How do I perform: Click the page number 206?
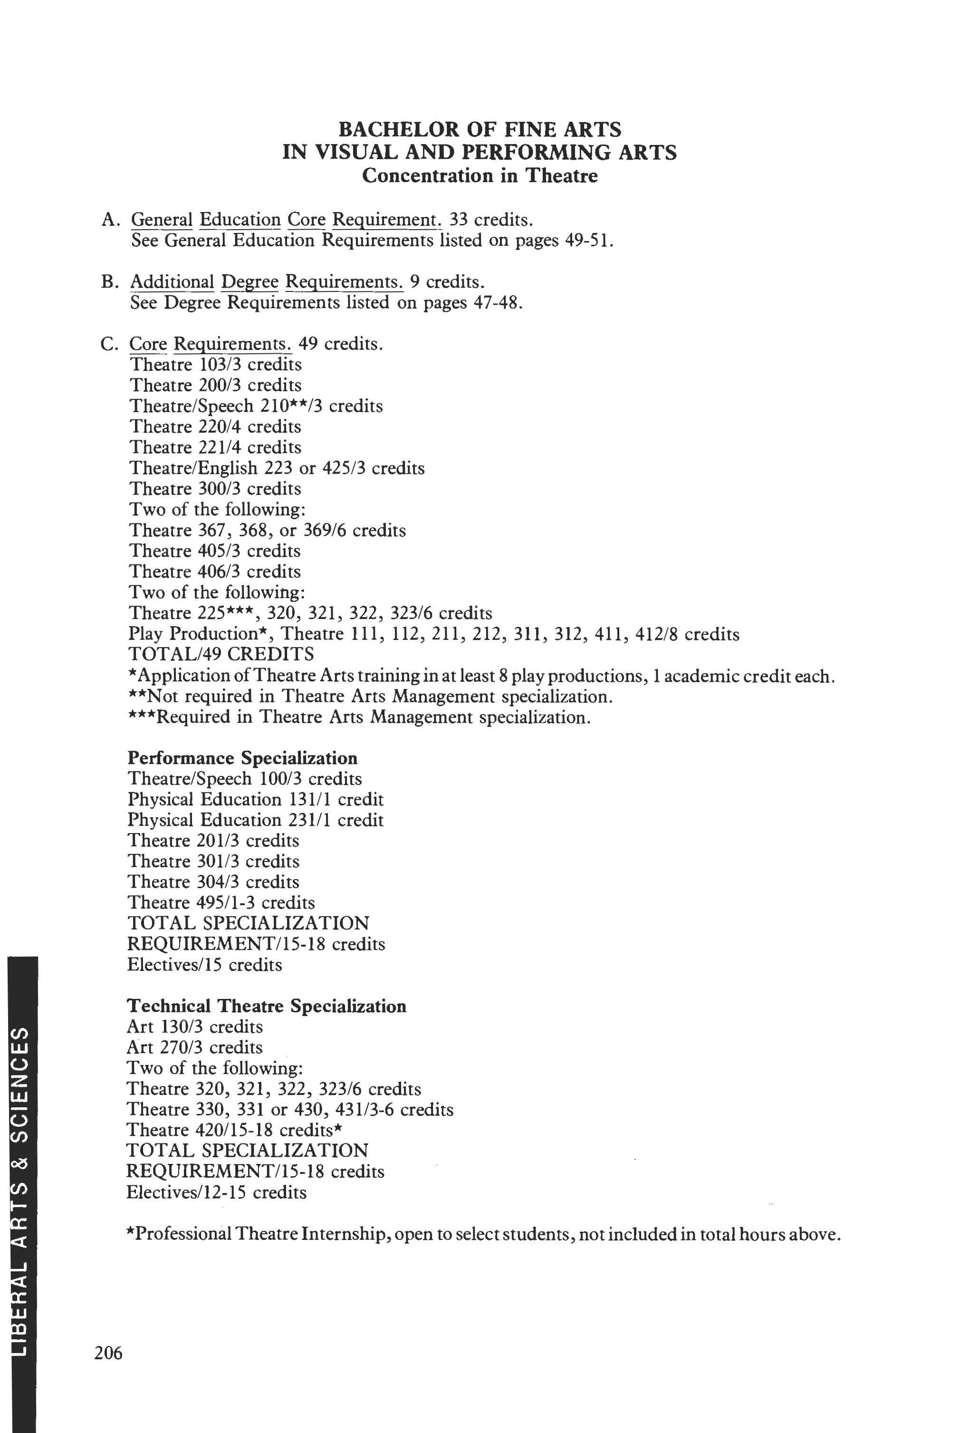point(109,1352)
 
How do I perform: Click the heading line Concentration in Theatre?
point(480,176)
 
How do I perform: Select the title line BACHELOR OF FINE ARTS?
point(480,129)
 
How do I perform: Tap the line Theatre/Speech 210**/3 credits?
point(256,406)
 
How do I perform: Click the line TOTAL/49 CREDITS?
point(221,654)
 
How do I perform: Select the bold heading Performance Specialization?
point(242,758)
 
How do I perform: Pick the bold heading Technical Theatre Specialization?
point(266,1006)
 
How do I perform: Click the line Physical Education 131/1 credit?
point(255,800)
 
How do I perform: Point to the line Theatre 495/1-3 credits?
point(221,903)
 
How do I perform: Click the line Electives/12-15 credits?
point(216,1192)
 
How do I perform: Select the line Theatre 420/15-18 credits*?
point(234,1130)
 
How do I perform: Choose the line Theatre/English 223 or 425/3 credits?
point(277,468)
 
